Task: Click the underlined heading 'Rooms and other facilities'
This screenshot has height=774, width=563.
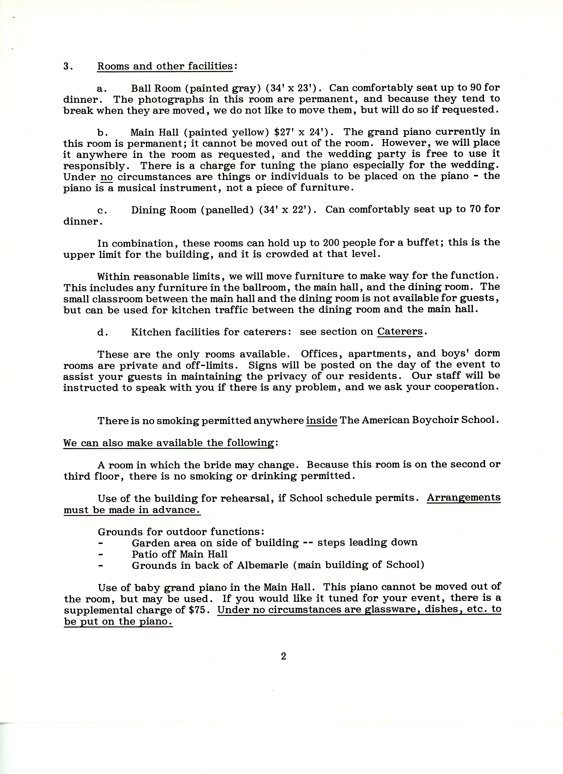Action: (x=165, y=66)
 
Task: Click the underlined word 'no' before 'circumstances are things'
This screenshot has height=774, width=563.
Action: (x=107, y=177)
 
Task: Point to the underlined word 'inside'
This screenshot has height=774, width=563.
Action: (x=321, y=420)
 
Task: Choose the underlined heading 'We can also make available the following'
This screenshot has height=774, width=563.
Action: (x=169, y=443)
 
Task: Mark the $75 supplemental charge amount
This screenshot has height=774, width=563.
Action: (x=197, y=610)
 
